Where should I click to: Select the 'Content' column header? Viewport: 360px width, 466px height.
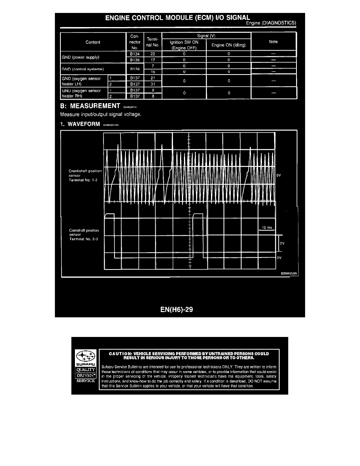pos(93,42)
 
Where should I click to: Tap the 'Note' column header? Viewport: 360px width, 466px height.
pos(273,42)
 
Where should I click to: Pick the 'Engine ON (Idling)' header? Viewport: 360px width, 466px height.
pos(228,45)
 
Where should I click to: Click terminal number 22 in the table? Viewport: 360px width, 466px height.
pos(153,53)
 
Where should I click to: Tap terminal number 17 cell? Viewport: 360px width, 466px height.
pos(153,60)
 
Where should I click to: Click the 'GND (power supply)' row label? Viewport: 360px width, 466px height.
pos(82,57)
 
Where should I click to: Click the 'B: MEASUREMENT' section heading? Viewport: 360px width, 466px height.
pos(90,106)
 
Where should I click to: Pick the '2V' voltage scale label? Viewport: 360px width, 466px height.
pos(282,243)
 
